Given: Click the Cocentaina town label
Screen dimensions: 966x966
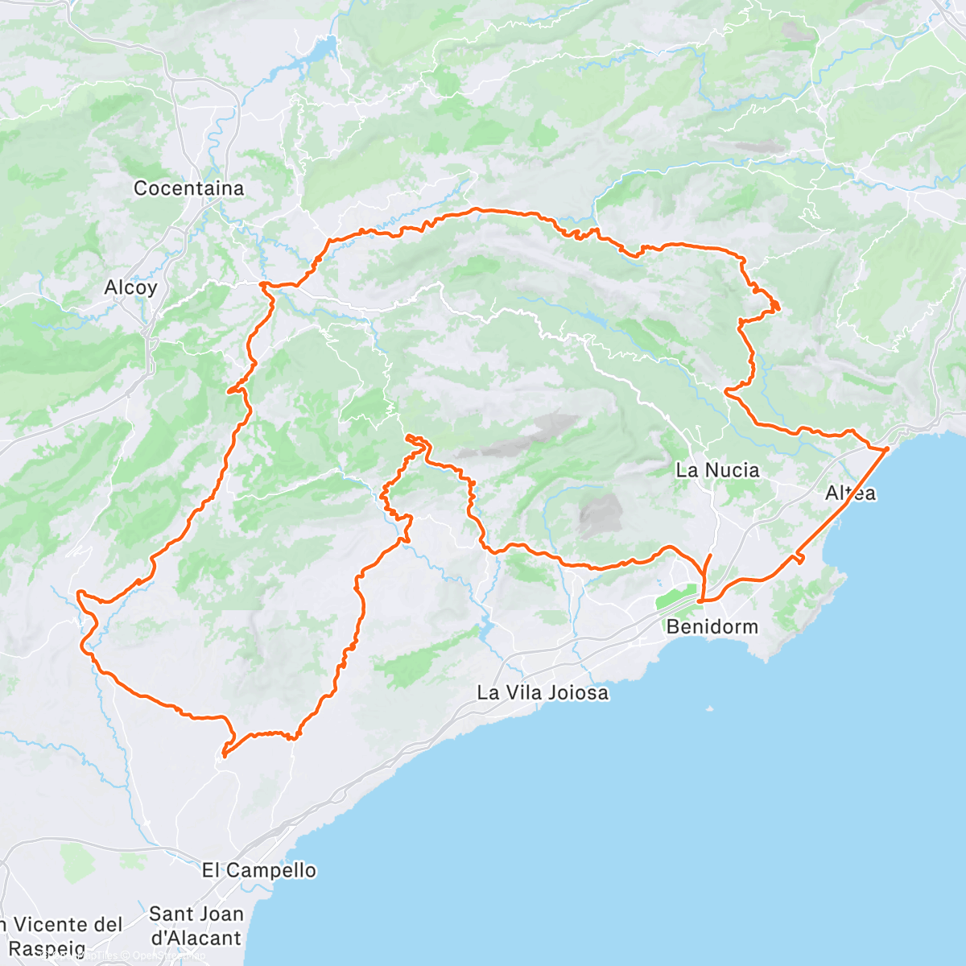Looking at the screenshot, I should [188, 188].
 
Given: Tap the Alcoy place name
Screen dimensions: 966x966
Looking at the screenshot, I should [130, 287].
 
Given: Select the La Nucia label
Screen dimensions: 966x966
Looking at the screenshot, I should [717, 470].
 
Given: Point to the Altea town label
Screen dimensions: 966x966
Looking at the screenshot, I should [851, 493].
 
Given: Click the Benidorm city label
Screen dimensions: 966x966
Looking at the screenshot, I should [712, 626].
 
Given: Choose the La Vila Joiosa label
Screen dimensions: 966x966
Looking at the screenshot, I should [543, 692].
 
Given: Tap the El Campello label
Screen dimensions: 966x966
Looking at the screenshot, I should [259, 870].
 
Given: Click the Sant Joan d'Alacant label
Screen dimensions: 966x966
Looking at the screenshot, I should [196, 926].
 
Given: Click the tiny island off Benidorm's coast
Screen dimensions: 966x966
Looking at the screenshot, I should [708, 709].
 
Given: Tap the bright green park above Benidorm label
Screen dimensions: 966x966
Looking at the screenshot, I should [675, 601].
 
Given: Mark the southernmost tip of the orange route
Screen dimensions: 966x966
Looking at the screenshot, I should [224, 755].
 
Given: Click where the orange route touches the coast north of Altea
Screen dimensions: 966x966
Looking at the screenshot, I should [886, 448].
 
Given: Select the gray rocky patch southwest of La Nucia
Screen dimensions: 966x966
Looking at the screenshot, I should [601, 516].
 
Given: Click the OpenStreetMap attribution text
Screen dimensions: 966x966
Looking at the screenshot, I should [169, 956].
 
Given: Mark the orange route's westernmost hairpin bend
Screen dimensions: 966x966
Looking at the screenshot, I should [80, 594].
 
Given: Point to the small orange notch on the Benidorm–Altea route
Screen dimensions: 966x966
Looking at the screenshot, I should [799, 558].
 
